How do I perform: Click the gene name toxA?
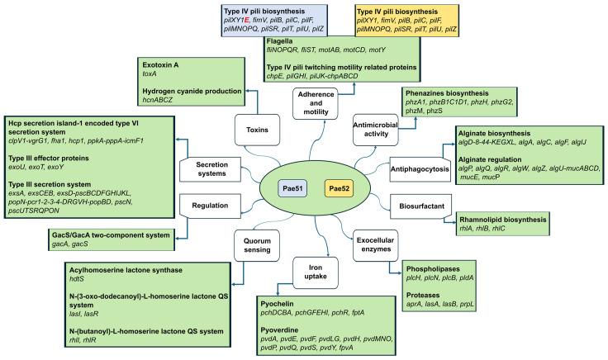tap(131, 73)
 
